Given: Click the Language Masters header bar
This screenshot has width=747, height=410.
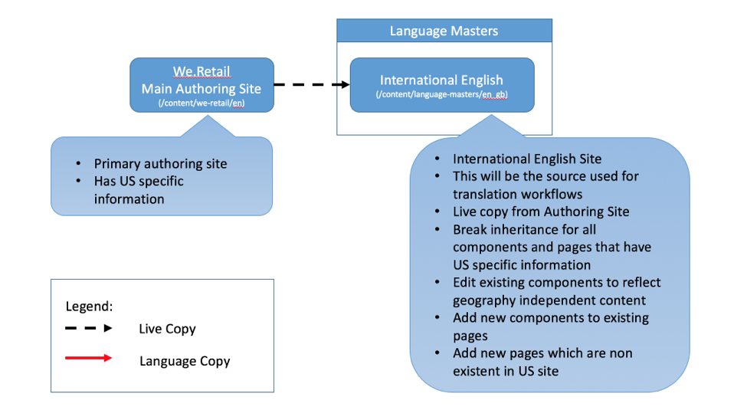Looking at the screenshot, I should click(x=444, y=31).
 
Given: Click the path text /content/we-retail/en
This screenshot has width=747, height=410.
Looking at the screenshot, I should click(x=201, y=103).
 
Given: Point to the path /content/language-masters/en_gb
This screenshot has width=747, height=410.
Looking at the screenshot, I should click(x=441, y=94).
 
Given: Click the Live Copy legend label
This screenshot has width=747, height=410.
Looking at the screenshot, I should click(x=167, y=329).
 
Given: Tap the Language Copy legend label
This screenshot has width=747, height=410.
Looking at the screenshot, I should click(x=184, y=360).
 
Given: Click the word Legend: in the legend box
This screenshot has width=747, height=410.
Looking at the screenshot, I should click(x=89, y=306).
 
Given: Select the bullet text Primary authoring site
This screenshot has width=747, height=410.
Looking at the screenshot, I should click(x=160, y=163).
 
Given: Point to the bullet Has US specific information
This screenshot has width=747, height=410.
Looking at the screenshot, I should click(x=139, y=190).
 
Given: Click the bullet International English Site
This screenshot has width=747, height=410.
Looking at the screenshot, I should click(x=527, y=159).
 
